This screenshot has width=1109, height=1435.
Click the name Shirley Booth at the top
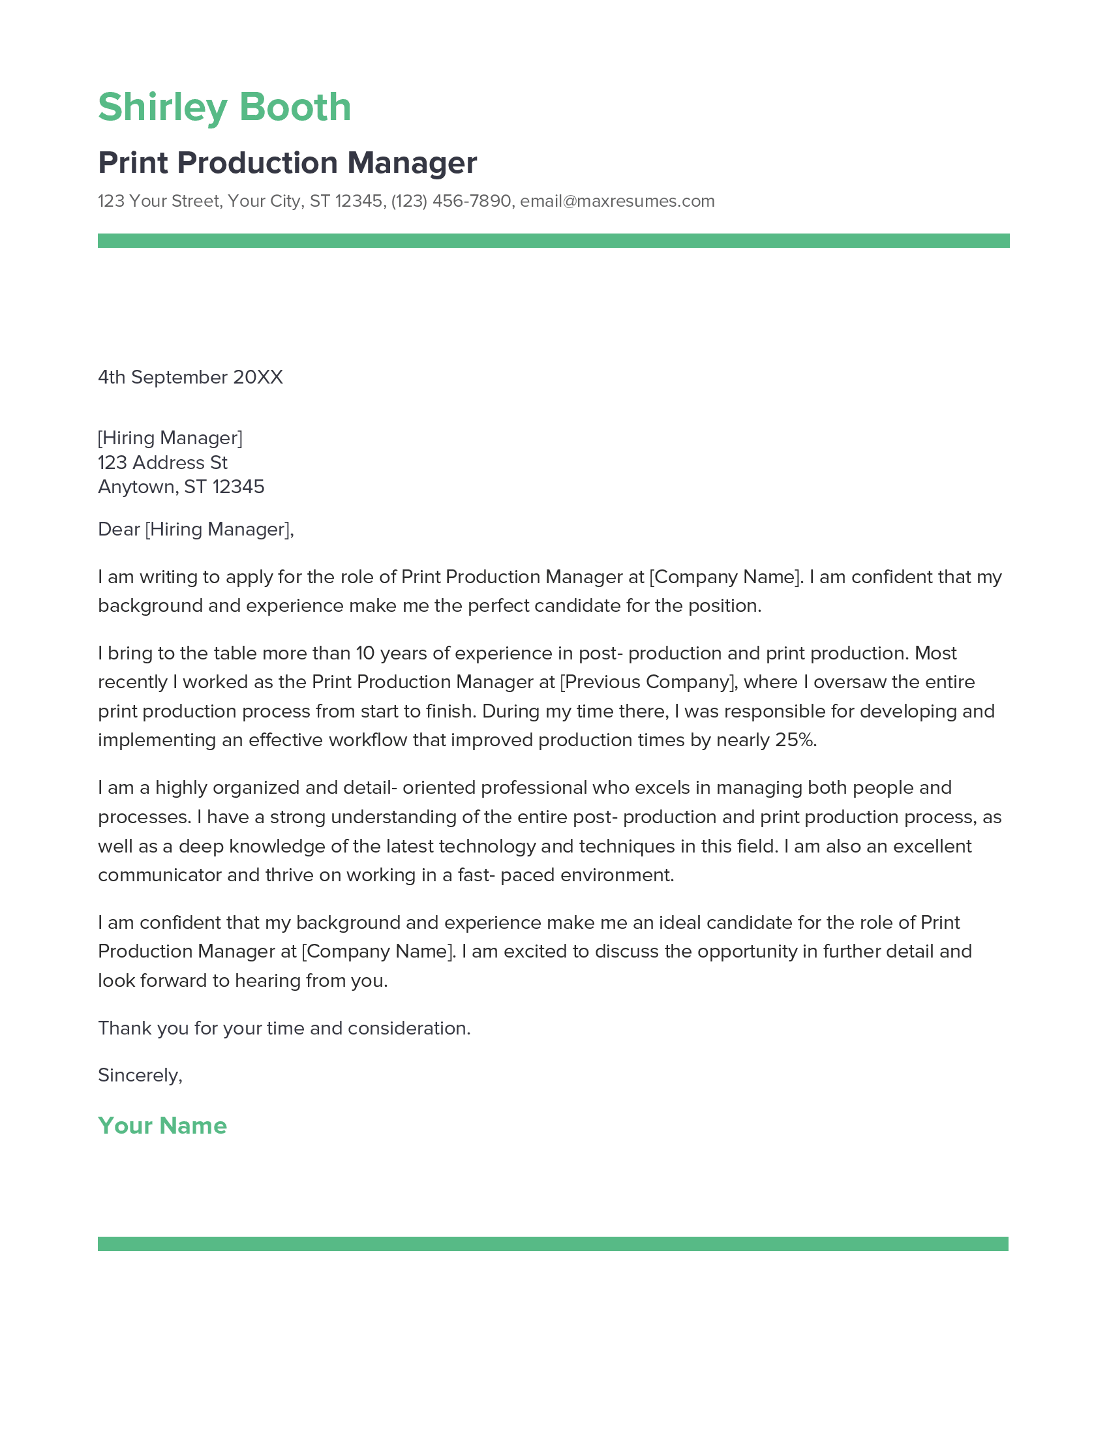click(224, 107)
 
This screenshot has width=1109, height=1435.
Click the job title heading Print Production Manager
click(287, 163)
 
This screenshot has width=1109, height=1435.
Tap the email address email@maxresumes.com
click(617, 201)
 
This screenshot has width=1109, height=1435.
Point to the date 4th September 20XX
click(190, 377)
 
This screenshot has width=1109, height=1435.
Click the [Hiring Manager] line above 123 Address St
click(170, 438)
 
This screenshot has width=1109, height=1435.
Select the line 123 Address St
click(162, 462)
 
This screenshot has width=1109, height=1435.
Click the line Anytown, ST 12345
click(181, 487)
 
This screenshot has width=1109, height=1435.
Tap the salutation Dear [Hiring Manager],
click(196, 529)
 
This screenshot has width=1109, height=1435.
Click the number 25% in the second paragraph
click(795, 740)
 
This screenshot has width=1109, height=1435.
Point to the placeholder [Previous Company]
click(648, 682)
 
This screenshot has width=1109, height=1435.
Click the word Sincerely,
click(140, 1075)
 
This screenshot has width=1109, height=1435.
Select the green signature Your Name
click(162, 1126)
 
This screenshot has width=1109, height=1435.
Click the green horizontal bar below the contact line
click(553, 241)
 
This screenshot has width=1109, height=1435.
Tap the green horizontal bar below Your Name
click(553, 1244)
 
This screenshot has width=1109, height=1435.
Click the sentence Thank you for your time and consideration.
click(284, 1027)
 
